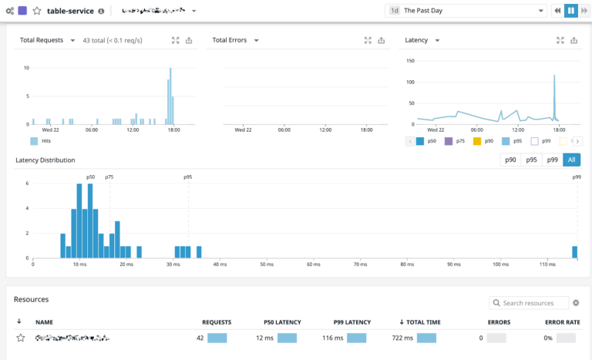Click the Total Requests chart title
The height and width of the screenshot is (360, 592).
[x=42, y=40]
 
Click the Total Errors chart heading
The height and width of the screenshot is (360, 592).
[x=230, y=40]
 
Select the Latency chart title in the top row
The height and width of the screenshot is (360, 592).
[x=417, y=40]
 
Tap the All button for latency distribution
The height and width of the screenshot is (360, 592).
[x=571, y=160]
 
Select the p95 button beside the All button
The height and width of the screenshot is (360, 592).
[x=531, y=160]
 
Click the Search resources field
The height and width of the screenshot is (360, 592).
[x=533, y=303]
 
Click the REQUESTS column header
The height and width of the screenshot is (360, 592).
[x=217, y=321]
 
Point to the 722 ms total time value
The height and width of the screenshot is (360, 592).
[x=403, y=338]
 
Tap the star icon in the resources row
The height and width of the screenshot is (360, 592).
[x=21, y=338]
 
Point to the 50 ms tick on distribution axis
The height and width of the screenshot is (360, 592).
[x=266, y=264]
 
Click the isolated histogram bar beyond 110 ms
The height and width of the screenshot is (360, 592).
[x=574, y=252]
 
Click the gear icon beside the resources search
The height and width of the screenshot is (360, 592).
[x=576, y=303]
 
